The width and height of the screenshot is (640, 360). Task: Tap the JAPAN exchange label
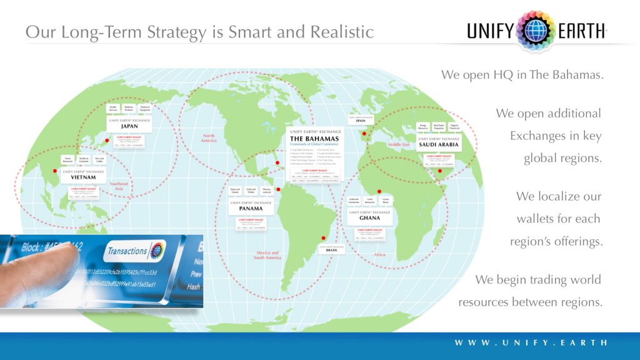pos(129,126)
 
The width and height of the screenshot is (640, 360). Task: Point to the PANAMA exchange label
pos(250,208)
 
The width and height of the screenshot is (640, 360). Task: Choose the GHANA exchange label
pos(369,218)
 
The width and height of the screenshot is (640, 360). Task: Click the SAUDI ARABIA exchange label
pos(439,144)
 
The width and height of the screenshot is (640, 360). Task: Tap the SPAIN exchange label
pos(361,121)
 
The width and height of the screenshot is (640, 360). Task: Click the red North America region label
pos(209,137)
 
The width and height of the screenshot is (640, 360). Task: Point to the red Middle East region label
pos(399,144)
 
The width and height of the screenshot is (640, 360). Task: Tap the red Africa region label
pos(379,254)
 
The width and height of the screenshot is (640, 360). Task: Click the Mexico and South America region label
pos(267,255)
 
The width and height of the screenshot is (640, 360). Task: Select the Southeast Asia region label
pos(119,186)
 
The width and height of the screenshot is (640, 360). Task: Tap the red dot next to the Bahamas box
pos(277,163)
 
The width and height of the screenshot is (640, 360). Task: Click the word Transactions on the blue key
pos(127,251)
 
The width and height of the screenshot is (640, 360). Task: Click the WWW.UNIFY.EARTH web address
pos(531,342)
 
